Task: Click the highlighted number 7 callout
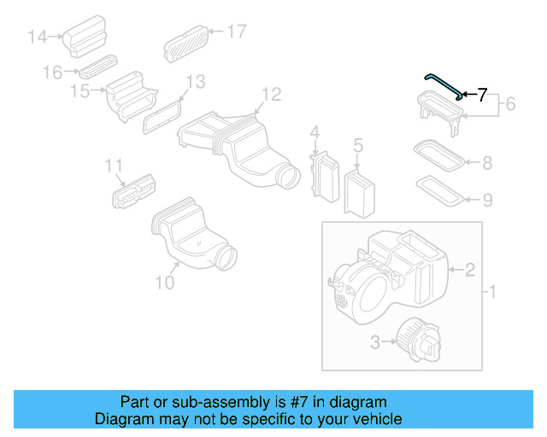click(x=482, y=95)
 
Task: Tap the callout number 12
click(x=270, y=93)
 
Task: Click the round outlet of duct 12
click(x=289, y=177)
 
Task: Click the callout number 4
click(x=315, y=132)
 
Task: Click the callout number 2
click(x=469, y=271)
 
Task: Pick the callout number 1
click(x=490, y=293)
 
